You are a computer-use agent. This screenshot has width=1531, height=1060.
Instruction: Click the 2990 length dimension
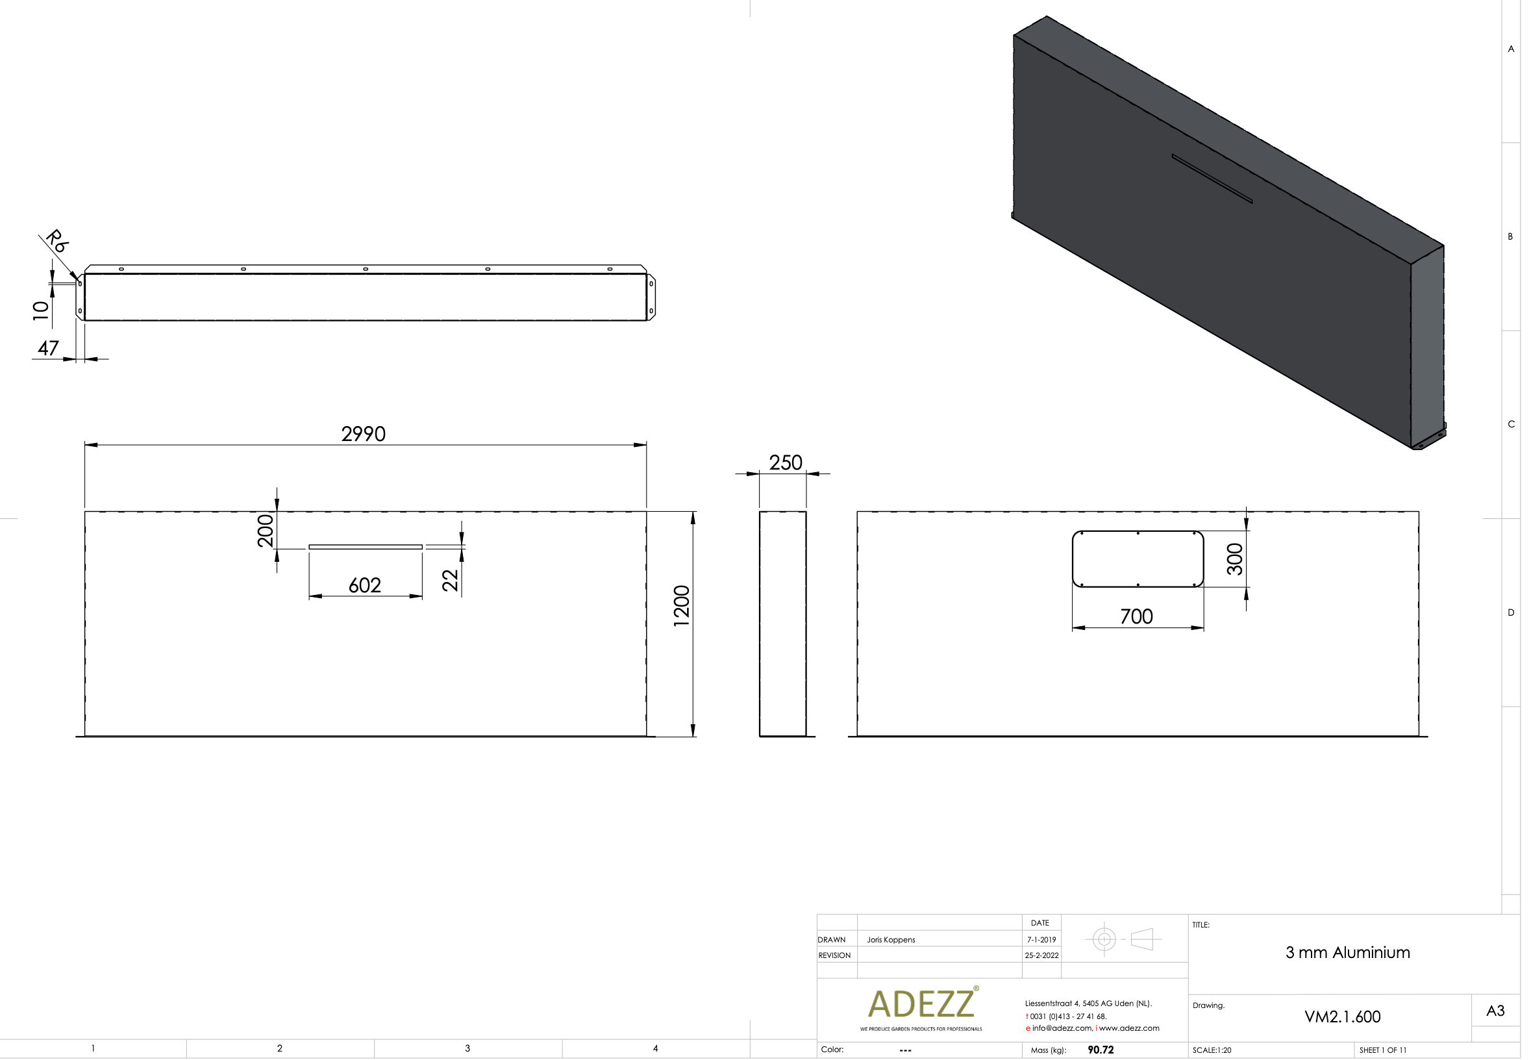click(x=363, y=434)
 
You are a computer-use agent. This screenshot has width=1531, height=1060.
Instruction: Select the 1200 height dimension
click(x=682, y=606)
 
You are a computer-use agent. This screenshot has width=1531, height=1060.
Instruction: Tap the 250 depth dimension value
click(x=786, y=462)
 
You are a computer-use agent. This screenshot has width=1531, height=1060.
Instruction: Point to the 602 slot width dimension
click(x=364, y=585)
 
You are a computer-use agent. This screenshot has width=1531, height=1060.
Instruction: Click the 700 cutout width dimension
click(x=1136, y=616)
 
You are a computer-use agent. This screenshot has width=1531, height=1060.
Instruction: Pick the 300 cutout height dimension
click(x=1234, y=559)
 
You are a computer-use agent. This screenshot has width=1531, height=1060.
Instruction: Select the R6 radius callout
click(x=57, y=240)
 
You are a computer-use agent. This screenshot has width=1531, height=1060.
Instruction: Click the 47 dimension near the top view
click(x=48, y=348)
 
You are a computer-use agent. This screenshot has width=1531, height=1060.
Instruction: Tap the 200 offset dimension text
click(x=266, y=530)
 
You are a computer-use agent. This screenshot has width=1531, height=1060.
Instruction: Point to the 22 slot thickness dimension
click(x=450, y=580)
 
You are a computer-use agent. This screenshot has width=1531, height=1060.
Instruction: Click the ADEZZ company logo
click(x=921, y=1003)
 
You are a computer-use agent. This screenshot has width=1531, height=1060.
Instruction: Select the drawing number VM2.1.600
click(x=1342, y=1017)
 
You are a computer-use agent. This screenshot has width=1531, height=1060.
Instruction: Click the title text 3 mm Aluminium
click(x=1347, y=952)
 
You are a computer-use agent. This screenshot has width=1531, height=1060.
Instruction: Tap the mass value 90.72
click(x=1100, y=1050)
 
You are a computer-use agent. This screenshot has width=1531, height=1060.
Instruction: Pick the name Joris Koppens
click(x=890, y=940)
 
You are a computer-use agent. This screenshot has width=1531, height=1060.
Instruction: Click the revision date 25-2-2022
click(x=1041, y=955)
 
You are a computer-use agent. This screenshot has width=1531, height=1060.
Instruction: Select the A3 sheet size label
click(x=1495, y=1011)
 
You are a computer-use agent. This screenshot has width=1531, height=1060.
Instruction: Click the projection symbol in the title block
click(x=1123, y=939)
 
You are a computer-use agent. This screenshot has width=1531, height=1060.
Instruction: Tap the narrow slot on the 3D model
click(x=1211, y=179)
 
